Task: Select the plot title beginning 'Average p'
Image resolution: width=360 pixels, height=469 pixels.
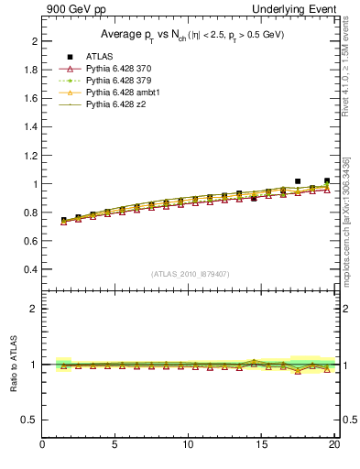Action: click(191, 35)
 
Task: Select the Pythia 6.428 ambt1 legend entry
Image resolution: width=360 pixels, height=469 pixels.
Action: click(125, 93)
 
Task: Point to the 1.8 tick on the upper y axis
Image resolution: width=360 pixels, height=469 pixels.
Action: click(31, 71)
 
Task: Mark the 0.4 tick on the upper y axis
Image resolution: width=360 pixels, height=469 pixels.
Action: click(31, 270)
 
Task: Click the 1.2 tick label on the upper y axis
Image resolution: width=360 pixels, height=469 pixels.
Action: click(31, 156)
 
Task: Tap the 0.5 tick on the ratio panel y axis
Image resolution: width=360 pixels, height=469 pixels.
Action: click(31, 420)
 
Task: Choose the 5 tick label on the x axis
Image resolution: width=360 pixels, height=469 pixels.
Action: click(115, 445)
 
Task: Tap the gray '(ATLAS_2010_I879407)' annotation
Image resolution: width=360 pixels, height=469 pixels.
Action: click(191, 273)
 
